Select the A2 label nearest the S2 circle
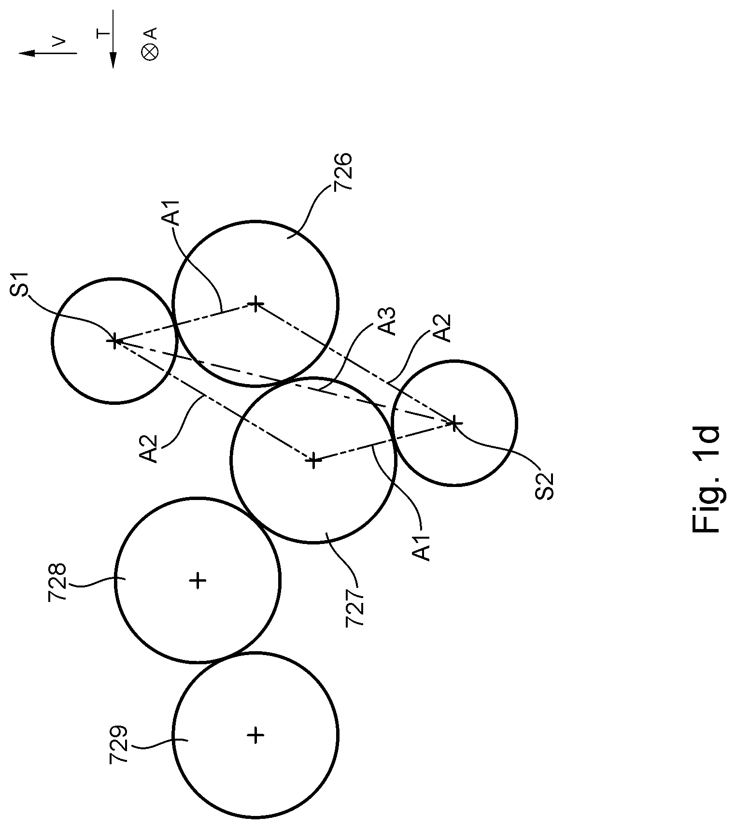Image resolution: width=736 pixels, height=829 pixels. coord(442,328)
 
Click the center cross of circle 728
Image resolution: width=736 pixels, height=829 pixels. coord(198,580)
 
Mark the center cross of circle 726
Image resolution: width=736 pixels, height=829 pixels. coord(255,304)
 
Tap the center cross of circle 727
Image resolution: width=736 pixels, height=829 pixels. coord(313,460)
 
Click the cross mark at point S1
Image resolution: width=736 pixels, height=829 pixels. coord(114,341)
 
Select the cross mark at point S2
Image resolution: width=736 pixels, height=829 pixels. coord(454,423)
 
